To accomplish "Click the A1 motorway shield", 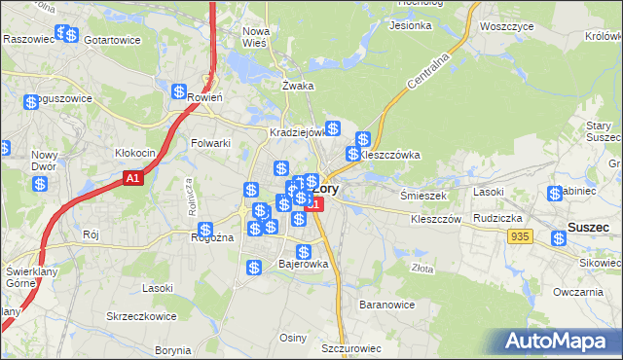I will [135, 178].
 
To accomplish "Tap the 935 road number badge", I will [519, 236].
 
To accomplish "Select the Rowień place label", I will [205, 97].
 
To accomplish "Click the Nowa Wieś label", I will [255, 37].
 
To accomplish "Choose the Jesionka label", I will [410, 25].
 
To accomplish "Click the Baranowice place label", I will [387, 305].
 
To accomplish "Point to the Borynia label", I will [172, 349].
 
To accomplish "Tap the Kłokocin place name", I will [135, 153].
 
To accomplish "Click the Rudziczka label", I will [498, 218].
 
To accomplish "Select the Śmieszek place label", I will [423, 195].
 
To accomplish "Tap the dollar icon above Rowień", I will [179, 91].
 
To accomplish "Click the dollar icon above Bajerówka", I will [304, 252].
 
